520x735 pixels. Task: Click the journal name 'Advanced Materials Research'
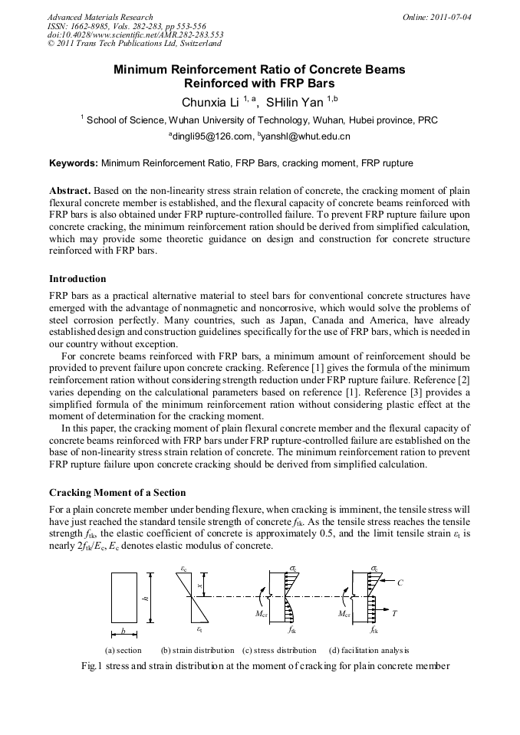[x=100, y=17]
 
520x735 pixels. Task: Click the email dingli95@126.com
[x=212, y=136]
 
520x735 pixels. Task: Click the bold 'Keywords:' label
[x=74, y=163]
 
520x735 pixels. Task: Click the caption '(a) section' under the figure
[x=123, y=650]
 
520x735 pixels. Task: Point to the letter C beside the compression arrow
[x=400, y=582]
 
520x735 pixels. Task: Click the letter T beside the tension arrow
[x=394, y=614]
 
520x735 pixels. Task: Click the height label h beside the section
[x=144, y=598]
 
